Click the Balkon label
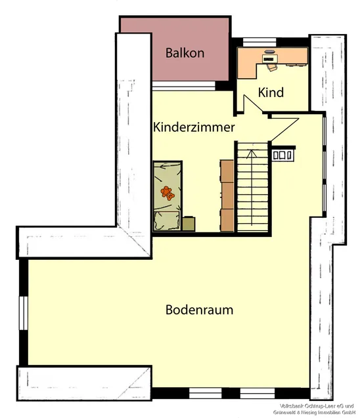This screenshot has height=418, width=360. [185, 52]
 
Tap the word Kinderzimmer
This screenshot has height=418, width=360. [194, 127]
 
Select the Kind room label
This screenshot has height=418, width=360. [271, 93]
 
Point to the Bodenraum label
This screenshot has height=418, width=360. [199, 310]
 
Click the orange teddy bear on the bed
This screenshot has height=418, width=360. [168, 193]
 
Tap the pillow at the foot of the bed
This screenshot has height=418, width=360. [168, 220]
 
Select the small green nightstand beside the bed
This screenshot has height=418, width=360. [189, 224]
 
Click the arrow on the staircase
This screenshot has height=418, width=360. [250, 155]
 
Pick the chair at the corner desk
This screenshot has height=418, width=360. [271, 64]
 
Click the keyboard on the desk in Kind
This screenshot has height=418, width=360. [270, 58]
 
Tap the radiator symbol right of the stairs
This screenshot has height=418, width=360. [284, 155]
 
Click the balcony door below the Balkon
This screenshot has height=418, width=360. [184, 85]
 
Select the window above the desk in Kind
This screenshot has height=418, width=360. [259, 41]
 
